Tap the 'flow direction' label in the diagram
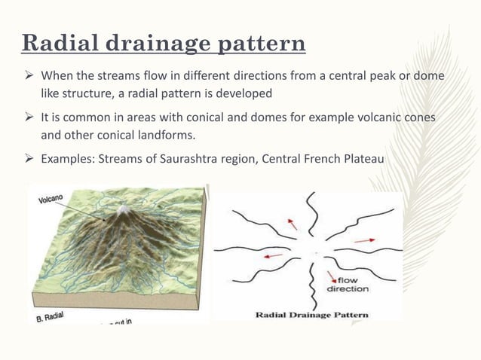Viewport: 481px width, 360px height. click(x=348, y=284)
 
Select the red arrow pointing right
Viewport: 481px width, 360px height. click(x=363, y=240)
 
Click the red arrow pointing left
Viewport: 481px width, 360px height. click(x=274, y=255)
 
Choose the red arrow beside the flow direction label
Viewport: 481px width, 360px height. click(x=330, y=276)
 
